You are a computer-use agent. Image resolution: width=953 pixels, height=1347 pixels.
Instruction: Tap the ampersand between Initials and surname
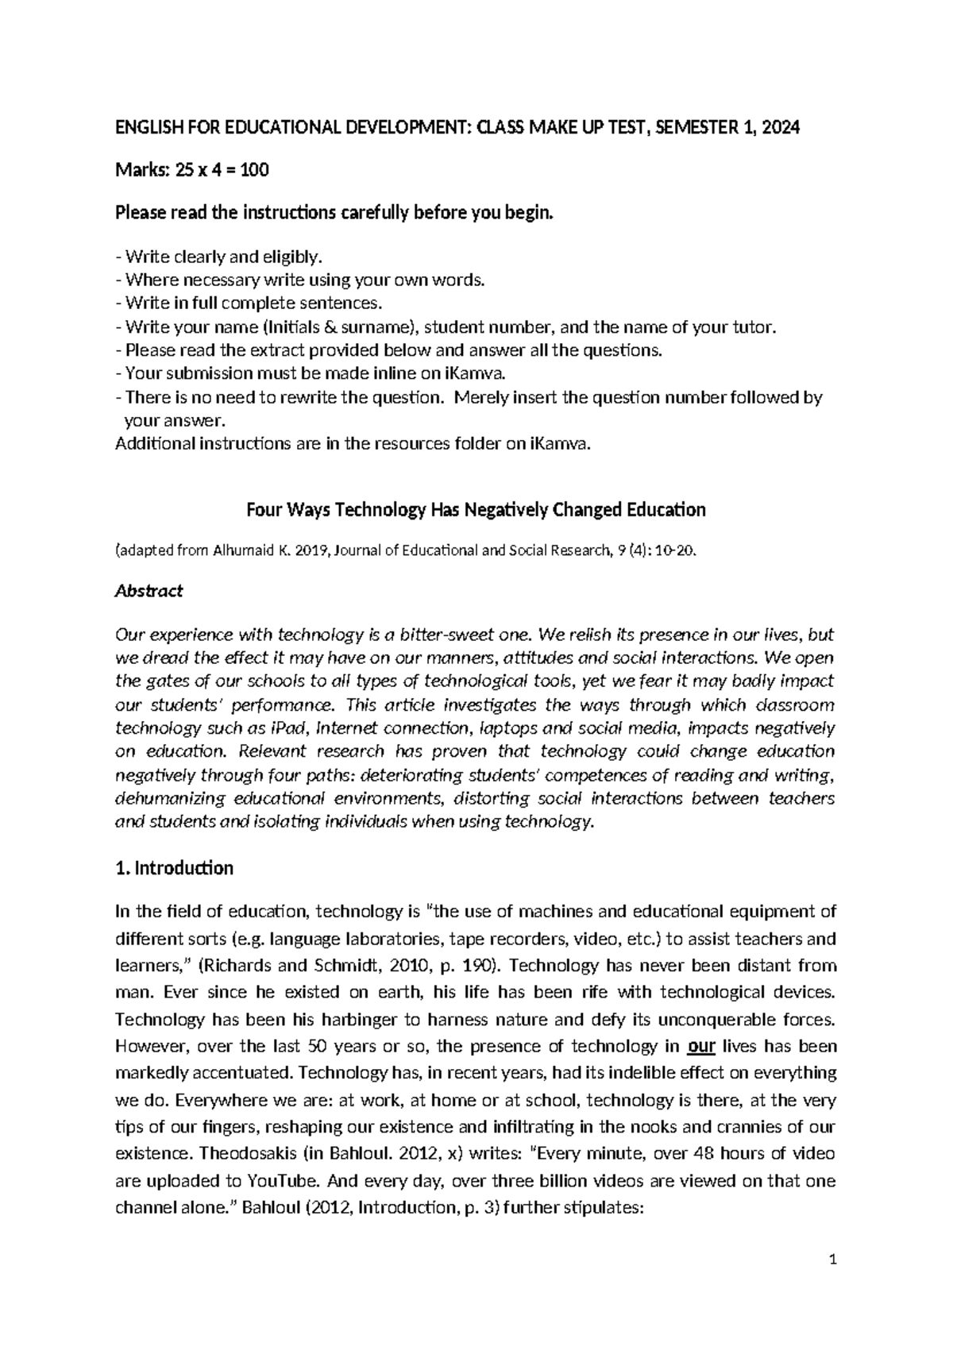328,327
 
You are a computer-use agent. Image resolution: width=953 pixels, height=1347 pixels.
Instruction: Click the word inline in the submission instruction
399,373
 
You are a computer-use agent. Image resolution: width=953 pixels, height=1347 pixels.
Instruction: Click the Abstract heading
149,590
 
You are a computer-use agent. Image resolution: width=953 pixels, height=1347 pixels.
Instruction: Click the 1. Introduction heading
174,868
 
